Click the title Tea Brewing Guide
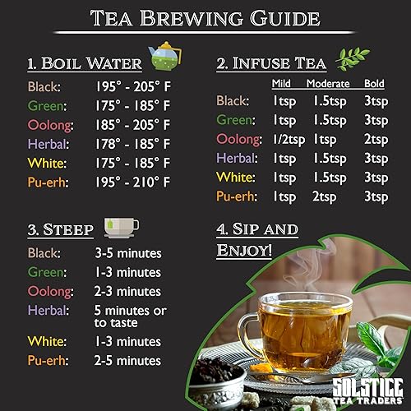click(x=205, y=19)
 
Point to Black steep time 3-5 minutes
click(x=127, y=253)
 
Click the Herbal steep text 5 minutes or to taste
click(x=131, y=316)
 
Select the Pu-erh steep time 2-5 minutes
click(x=127, y=361)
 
